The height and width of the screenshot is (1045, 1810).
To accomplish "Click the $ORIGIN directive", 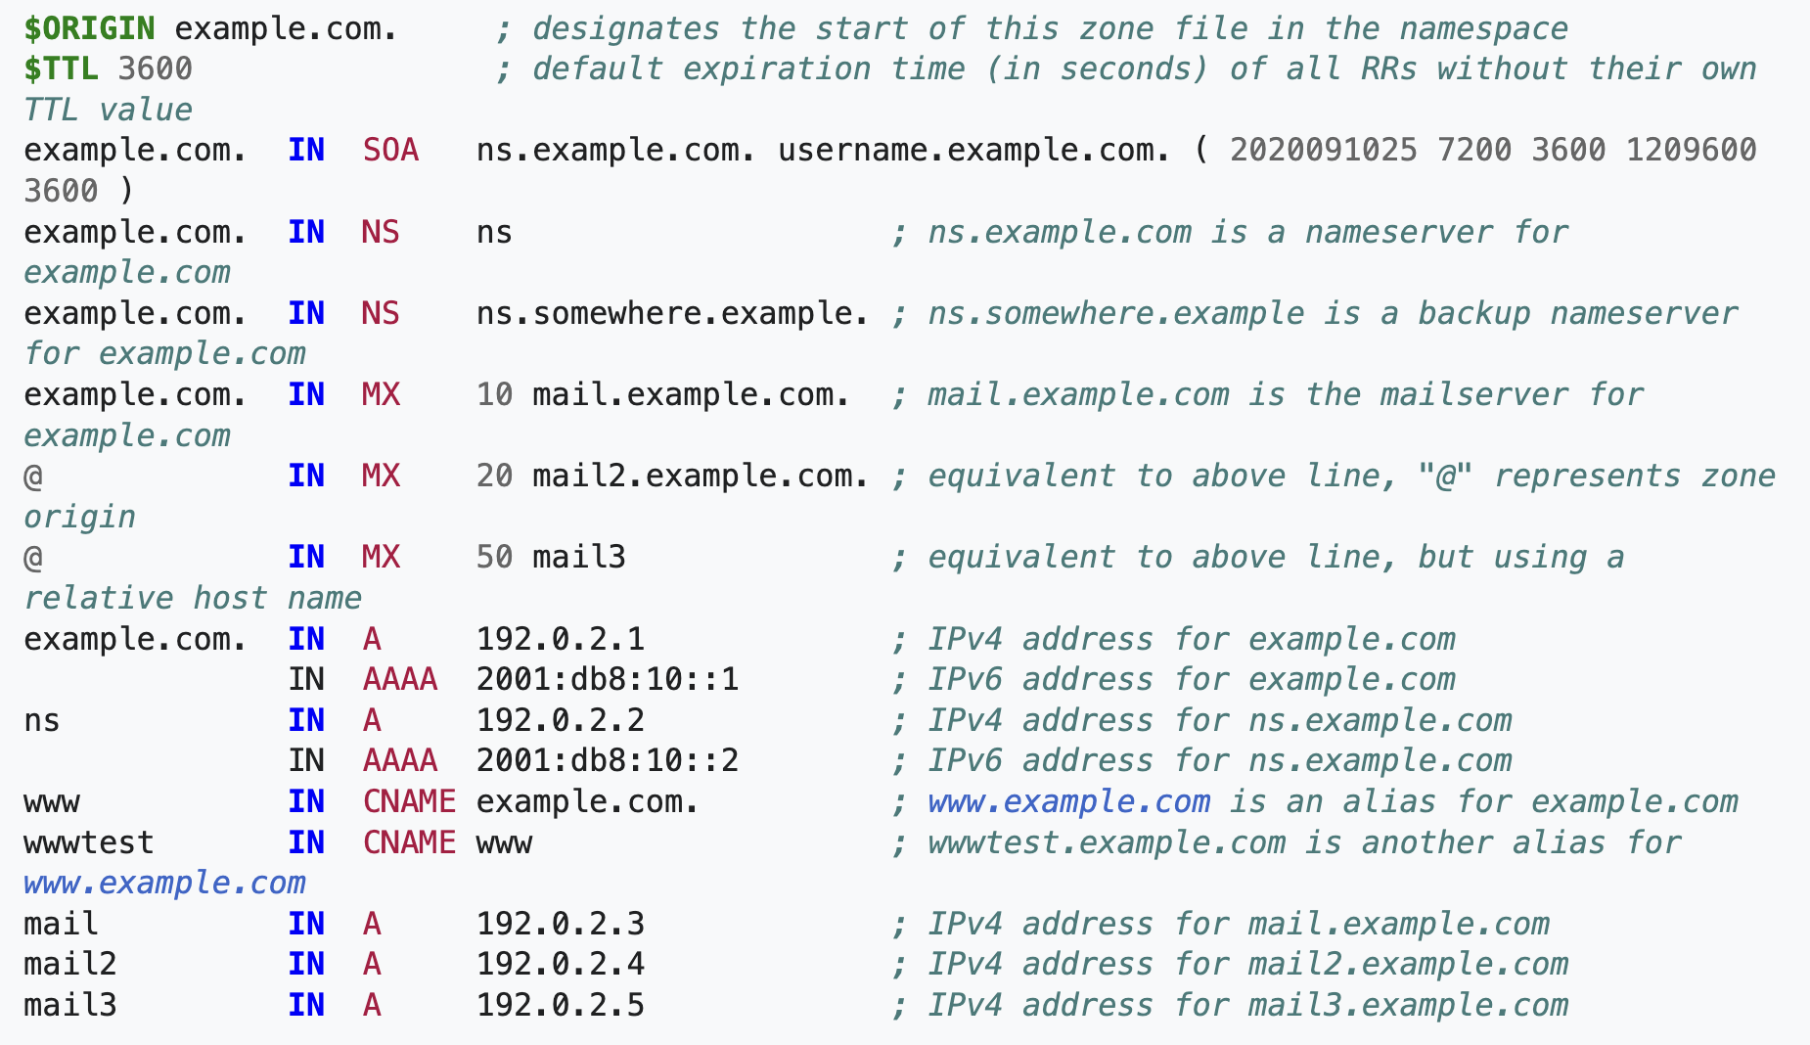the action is coord(89,28).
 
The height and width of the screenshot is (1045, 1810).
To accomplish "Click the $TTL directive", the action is coord(61,68).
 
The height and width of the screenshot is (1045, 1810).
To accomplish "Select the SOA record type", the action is coord(390,150).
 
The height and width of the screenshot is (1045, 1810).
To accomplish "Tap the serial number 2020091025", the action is coord(1323,150).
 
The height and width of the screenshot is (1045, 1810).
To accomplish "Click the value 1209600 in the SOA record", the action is coord(1691,150).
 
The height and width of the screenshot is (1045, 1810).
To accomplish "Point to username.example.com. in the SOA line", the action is coord(973,150).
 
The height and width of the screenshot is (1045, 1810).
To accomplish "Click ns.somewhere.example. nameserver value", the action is coord(672,313).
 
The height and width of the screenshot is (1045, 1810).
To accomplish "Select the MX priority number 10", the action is coord(494,394).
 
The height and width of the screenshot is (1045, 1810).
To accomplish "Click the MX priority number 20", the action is coord(494,476).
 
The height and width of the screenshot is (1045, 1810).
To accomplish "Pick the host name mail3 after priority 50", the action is coord(579,557).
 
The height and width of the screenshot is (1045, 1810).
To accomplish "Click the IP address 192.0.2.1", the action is coord(561,639).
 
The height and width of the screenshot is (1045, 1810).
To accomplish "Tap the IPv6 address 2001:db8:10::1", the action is coord(608,679).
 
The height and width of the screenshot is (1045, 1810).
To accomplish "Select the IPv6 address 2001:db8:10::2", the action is coord(608,760).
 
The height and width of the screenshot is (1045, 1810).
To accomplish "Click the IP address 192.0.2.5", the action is coord(561,1005).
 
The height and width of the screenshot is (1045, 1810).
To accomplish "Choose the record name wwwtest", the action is coord(89,842).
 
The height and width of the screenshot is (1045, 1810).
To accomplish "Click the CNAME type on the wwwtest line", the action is coord(409,842).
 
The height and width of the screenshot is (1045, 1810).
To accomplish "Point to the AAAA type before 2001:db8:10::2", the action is coord(400,760).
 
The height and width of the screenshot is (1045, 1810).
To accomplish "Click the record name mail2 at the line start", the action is coord(70,964).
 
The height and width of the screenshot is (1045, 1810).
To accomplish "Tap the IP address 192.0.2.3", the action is coord(561,924).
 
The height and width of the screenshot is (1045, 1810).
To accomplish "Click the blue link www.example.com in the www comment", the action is coord(1068,801).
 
